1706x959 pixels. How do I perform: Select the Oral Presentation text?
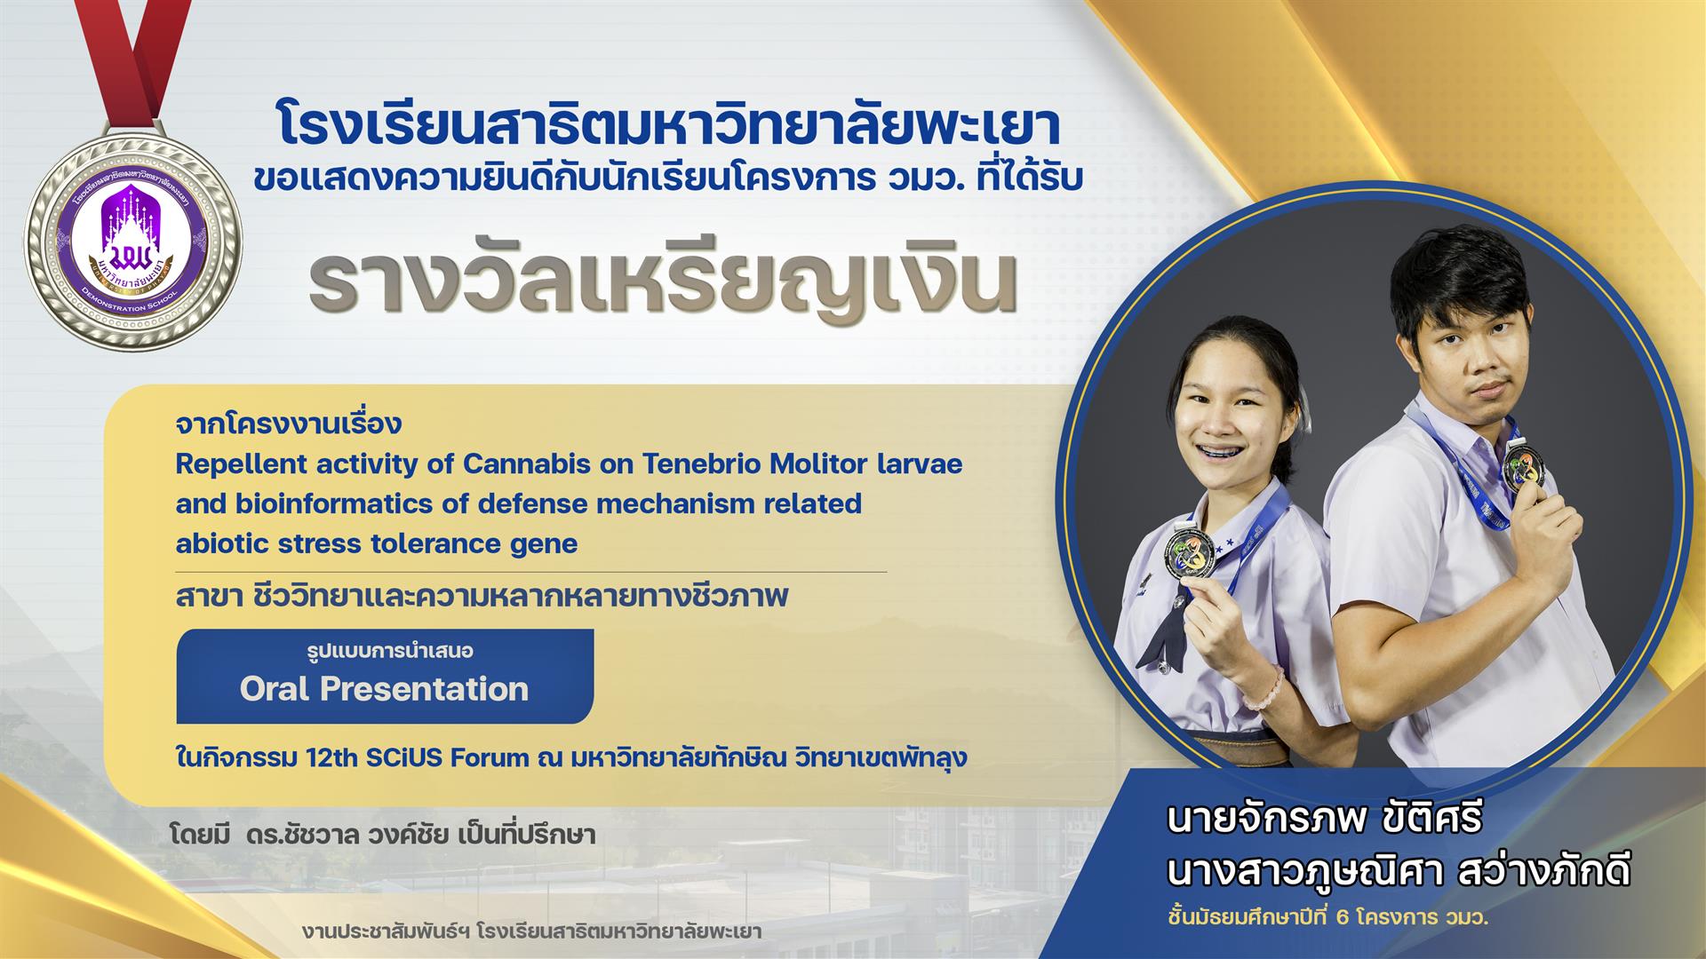[384, 689]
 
